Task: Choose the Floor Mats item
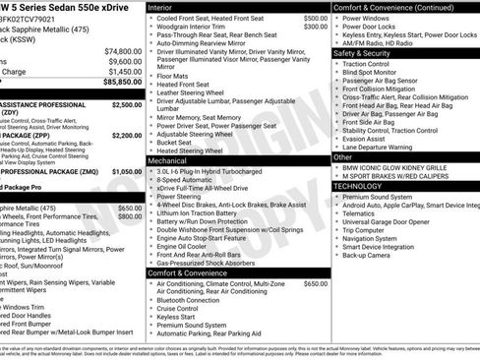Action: click(173, 75)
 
